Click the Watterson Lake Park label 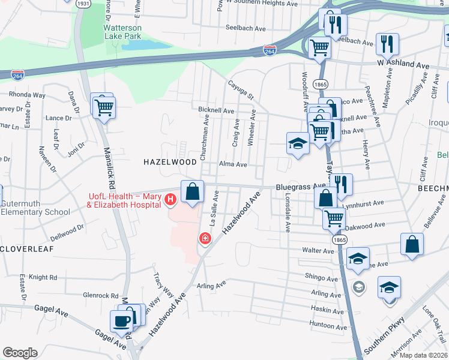(122, 32)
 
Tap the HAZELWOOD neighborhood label (170, 162)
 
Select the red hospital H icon (170, 199)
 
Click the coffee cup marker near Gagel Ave (122, 320)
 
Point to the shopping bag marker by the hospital (192, 193)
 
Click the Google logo (20, 353)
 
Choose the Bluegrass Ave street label (300, 187)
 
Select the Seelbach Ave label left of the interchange (245, 28)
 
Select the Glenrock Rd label (101, 295)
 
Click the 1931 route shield (83, 4)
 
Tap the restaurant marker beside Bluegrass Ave (341, 185)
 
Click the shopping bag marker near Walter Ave (412, 245)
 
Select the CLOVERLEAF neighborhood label (27, 248)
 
